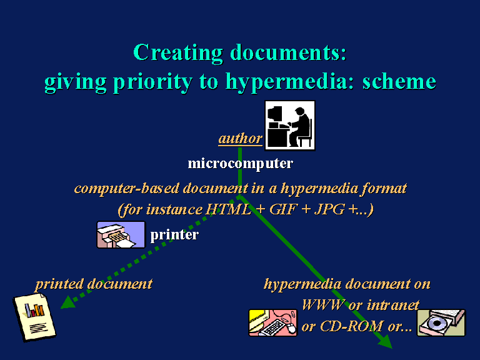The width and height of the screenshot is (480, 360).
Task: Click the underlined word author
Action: (x=240, y=139)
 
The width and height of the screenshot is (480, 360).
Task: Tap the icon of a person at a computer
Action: (x=290, y=126)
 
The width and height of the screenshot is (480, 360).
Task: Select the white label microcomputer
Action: (x=240, y=164)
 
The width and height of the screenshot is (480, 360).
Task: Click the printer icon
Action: (x=121, y=234)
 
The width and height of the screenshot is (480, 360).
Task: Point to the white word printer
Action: (x=174, y=235)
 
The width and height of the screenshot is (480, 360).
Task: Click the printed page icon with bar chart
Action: (x=34, y=317)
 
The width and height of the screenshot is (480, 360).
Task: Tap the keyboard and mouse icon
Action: (x=272, y=322)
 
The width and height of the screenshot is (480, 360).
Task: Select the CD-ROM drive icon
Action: (x=441, y=322)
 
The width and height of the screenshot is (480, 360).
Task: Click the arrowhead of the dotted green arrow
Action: (x=68, y=302)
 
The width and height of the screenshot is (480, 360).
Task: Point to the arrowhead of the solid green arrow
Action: (x=386, y=342)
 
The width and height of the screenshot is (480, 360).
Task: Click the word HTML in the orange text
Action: (x=228, y=210)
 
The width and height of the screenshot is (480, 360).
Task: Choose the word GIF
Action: (x=283, y=210)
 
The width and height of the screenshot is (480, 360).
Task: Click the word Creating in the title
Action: (x=178, y=52)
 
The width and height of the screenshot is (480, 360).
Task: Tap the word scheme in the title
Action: (x=399, y=81)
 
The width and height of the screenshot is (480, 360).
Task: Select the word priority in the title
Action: (x=152, y=82)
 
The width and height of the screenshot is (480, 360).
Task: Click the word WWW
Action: (x=322, y=305)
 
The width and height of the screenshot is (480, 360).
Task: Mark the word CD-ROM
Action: (x=352, y=326)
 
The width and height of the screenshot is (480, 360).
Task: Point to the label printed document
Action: (x=94, y=284)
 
